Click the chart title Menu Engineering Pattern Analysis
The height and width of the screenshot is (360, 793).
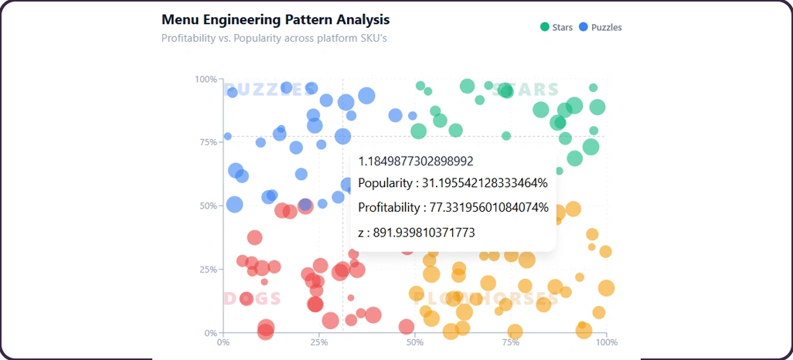coord(275,19)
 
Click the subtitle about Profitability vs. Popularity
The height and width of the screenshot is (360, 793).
coord(274,37)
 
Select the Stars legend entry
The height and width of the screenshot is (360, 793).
coord(562,28)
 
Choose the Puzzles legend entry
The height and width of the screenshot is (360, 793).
coord(606,28)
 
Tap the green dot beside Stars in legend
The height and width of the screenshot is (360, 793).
coord(545,28)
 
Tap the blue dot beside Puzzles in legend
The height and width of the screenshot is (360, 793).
coord(584,28)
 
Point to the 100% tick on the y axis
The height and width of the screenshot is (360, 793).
coord(206,80)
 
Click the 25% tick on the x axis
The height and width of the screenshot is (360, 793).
coord(319,341)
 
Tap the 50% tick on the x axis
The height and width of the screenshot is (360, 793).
coord(415,341)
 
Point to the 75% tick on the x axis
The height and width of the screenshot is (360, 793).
coord(511,341)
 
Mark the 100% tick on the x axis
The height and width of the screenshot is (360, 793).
coord(607,341)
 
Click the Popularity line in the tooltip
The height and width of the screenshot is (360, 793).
coord(452,184)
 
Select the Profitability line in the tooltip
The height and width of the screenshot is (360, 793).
coord(453,208)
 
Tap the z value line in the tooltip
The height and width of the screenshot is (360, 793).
coord(416,232)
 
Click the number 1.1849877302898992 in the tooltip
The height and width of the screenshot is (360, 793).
coord(415,161)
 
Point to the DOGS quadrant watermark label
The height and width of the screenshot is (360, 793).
coord(252,299)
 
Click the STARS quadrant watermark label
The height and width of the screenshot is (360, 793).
coord(525,90)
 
